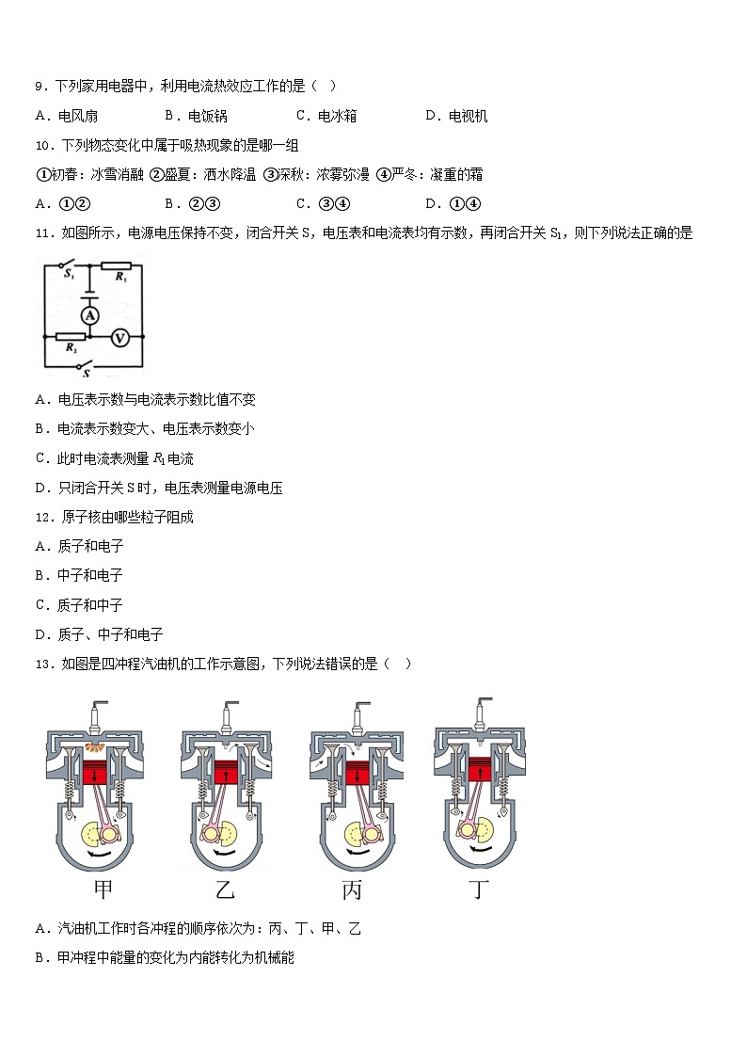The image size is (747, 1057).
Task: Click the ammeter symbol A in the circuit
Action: click(x=90, y=315)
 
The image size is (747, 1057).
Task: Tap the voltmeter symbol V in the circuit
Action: click(x=119, y=338)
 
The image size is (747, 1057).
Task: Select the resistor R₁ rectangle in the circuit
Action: click(x=118, y=265)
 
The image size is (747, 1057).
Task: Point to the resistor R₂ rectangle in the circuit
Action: click(x=72, y=336)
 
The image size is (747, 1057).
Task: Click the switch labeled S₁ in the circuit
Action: click(x=68, y=264)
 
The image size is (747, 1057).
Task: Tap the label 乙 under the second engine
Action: click(x=225, y=889)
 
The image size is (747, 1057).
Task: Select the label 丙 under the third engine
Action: click(x=351, y=889)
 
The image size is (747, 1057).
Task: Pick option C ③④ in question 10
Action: click(x=323, y=203)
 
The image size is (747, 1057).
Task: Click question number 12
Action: click(x=41, y=517)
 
